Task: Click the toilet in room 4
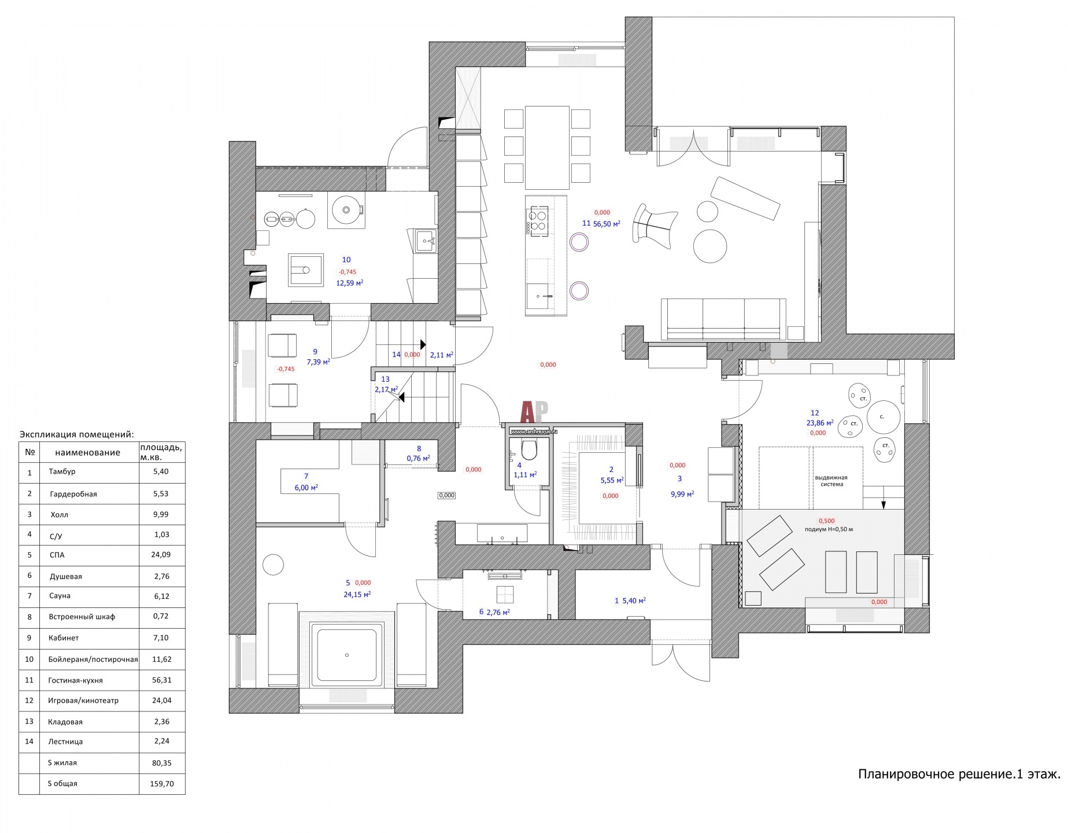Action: click(529, 449)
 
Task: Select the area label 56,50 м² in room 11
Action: click(607, 223)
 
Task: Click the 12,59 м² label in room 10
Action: click(350, 283)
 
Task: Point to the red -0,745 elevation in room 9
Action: click(286, 369)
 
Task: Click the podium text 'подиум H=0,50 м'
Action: click(829, 529)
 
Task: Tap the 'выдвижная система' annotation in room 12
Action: click(831, 481)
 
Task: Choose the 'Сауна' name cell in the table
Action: click(60, 596)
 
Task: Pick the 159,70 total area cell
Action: click(162, 784)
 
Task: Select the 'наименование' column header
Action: click(88, 452)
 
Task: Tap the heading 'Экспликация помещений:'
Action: click(77, 434)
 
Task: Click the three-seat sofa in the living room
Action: click(723, 319)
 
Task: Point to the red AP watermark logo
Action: click(534, 412)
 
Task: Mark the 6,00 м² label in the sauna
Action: click(306, 488)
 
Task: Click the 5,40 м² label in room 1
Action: click(634, 601)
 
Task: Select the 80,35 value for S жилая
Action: click(162, 763)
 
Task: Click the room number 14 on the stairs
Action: click(396, 355)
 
